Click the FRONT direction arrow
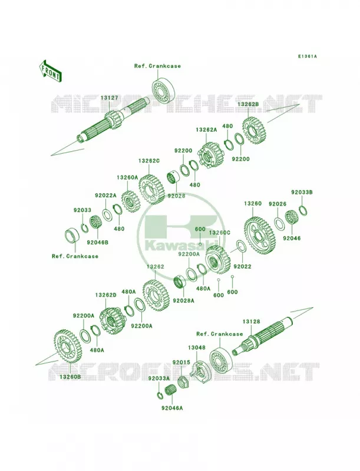tap(50, 71)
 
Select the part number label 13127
tap(109, 98)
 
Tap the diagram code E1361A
tap(308, 56)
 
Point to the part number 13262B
tap(248, 104)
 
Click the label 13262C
tap(148, 161)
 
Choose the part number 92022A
tap(105, 195)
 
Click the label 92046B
tap(98, 241)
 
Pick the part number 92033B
tap(302, 193)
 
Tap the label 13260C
tap(219, 233)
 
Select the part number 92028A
tap(184, 300)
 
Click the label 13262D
tap(106, 296)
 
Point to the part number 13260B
tap(70, 376)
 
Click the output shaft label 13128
tap(252, 321)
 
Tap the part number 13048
tap(197, 347)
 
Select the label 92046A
tap(172, 408)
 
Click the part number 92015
tap(181, 362)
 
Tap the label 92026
tap(278, 204)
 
